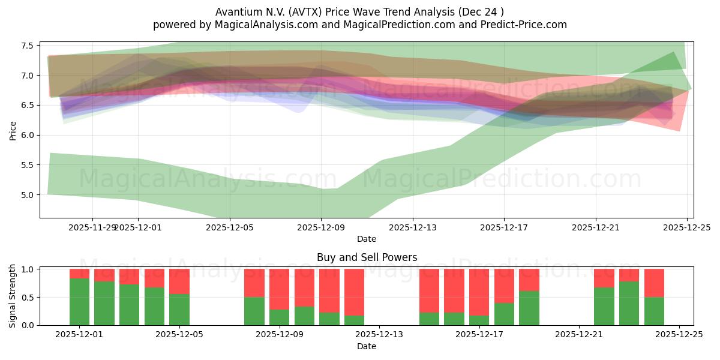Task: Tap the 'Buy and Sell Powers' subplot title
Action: [367, 257]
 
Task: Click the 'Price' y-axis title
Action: [13, 130]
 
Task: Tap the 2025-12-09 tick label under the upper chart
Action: [321, 227]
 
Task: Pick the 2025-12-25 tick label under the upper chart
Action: [687, 227]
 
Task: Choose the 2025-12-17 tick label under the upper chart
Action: [504, 227]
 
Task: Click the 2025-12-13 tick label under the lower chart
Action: [379, 335]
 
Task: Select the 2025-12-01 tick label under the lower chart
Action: [79, 335]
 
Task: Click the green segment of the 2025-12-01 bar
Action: [79, 302]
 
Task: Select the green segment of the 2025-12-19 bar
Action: [529, 308]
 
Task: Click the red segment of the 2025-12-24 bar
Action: [654, 283]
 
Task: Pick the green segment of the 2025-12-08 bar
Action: [254, 311]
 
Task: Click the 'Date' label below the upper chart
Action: [367, 239]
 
